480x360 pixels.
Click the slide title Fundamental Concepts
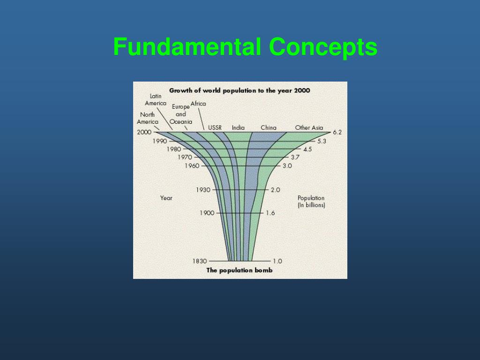tap(245, 47)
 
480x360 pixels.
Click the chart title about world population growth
tap(240, 90)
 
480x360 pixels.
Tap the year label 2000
tap(144, 132)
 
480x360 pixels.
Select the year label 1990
tap(159, 141)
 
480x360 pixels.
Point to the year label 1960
tap(192, 166)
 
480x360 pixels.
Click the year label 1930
tap(203, 190)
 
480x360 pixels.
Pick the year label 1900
tap(207, 213)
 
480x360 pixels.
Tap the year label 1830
tap(200, 261)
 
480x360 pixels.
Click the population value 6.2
tap(337, 132)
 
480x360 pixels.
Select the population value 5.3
tap(322, 141)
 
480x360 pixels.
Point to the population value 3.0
tap(287, 166)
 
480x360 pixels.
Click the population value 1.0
tap(277, 261)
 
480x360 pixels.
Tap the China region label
tap(269, 127)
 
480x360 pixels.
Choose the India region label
tap(238, 127)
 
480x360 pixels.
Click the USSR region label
tap(215, 127)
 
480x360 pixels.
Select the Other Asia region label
tap(309, 127)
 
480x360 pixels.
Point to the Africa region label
tap(198, 104)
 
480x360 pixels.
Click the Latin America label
tap(156, 99)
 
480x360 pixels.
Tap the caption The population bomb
tap(239, 270)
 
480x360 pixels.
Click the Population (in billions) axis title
tap(311, 202)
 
